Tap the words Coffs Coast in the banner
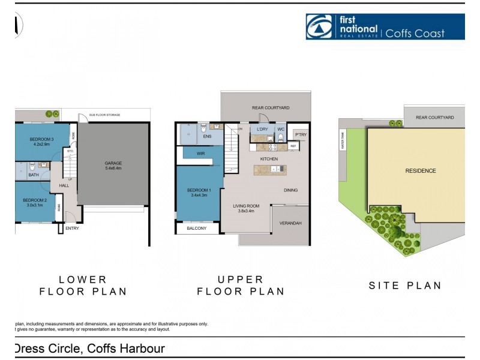(423, 32)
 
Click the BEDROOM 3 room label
(42, 142)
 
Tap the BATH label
(33, 175)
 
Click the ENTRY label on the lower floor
(72, 228)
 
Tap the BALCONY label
(196, 228)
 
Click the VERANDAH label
(290, 223)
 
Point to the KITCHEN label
(269, 158)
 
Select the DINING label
(290, 190)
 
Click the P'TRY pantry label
(300, 134)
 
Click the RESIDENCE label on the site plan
(421, 171)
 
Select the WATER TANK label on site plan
(343, 142)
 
